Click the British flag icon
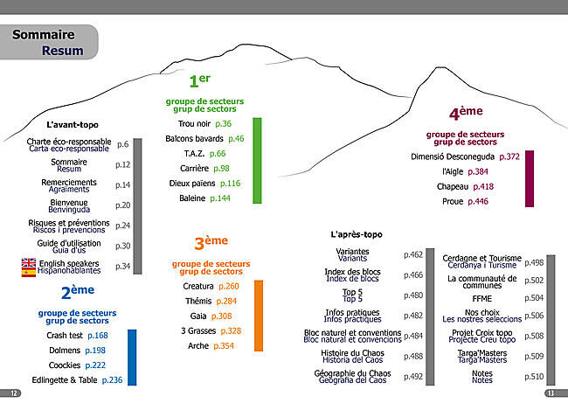[29, 263]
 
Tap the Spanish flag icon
[29, 272]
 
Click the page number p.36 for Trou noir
[223, 124]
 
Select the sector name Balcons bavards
[194, 139]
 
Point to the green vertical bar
[257, 161]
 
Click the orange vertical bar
[259, 316]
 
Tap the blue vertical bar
[132, 358]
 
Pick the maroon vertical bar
[530, 178]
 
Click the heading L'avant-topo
[73, 125]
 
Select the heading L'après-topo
[357, 234]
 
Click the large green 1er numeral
[199, 80]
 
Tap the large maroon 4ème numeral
[466, 113]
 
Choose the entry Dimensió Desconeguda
[453, 156]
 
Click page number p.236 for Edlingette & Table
[113, 379]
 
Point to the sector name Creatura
[198, 287]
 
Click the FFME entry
[481, 299]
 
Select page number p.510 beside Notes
[534, 377]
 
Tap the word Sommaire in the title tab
[44, 34]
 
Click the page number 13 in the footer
[551, 393]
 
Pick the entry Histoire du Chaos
[352, 353]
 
